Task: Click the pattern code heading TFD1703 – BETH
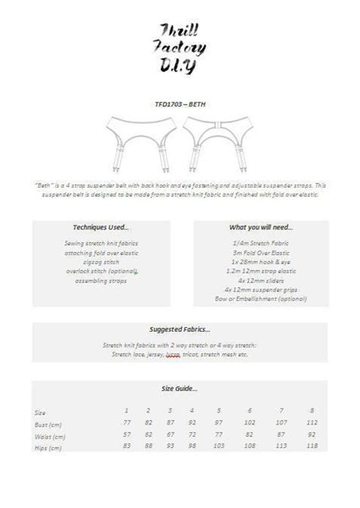(179, 105)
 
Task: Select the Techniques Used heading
(101, 227)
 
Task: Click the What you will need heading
(261, 227)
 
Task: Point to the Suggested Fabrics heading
(179, 330)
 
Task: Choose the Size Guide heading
(179, 388)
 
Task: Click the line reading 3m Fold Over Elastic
(261, 251)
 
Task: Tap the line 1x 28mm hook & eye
(261, 260)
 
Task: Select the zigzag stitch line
(101, 261)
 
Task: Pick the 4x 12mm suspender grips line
(261, 289)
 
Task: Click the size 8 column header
(311, 411)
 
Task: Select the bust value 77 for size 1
(127, 423)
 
